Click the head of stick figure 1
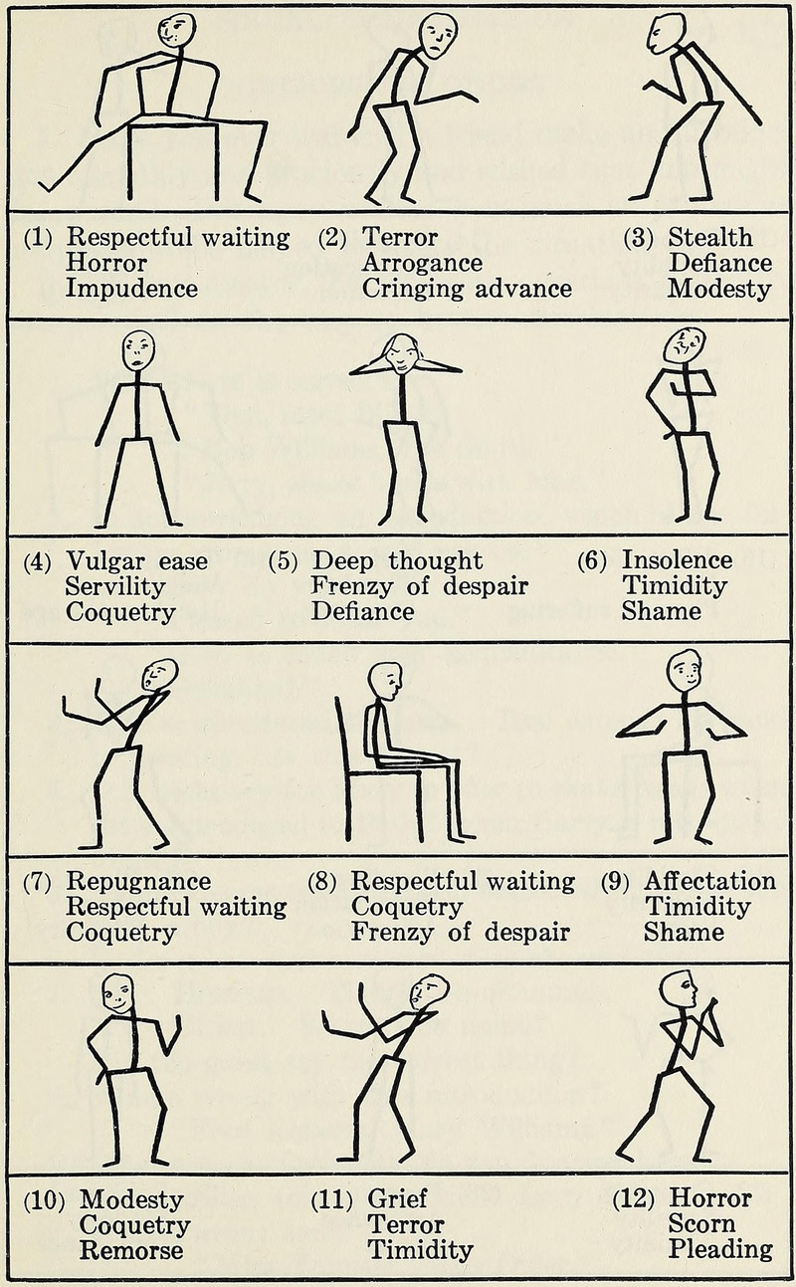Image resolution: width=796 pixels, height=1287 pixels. tap(177, 30)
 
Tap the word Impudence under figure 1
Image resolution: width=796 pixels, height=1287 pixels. tap(131, 289)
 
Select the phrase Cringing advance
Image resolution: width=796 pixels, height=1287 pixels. tap(467, 289)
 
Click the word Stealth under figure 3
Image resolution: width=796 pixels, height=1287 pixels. tap(710, 237)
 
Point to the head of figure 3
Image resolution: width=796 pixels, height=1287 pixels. tap(666, 33)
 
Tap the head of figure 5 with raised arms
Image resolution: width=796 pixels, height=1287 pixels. tap(402, 352)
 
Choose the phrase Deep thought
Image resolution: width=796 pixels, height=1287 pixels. tap(397, 560)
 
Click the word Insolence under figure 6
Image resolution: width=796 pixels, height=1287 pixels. tap(677, 560)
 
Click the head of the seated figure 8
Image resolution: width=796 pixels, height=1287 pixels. tap(385, 681)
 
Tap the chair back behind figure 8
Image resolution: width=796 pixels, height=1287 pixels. tap(342, 737)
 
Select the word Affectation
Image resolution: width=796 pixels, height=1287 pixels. tap(709, 882)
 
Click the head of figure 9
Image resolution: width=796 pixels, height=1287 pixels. tap(684, 670)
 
